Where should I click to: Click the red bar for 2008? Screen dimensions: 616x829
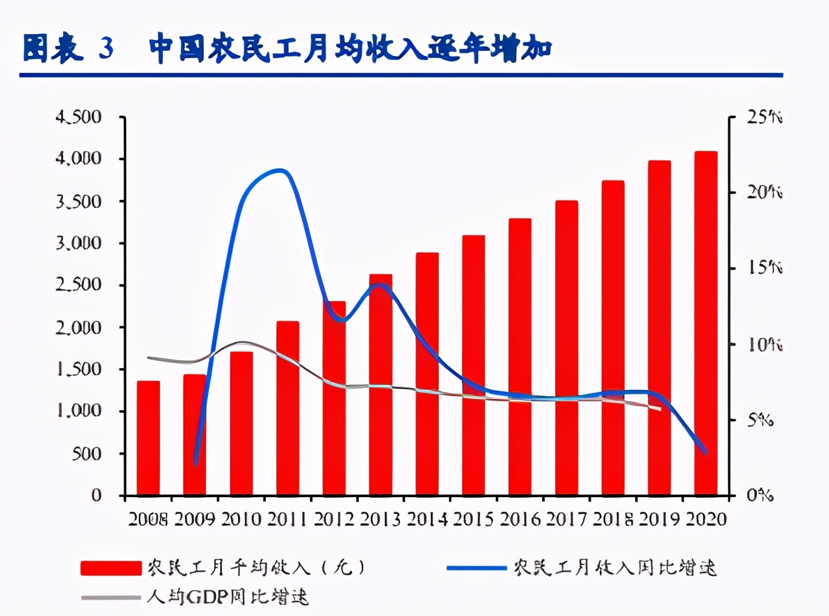(148, 438)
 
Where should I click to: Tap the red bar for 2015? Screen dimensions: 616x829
(473, 365)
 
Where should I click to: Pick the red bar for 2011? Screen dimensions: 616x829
(288, 408)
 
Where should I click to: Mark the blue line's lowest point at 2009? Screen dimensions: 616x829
(196, 464)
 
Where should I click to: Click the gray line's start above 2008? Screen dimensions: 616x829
(148, 358)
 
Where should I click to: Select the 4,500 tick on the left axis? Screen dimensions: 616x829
(78, 116)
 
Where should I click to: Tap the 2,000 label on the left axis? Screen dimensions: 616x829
(78, 327)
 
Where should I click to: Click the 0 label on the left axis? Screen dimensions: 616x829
(96, 495)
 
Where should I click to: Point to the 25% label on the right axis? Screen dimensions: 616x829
(764, 116)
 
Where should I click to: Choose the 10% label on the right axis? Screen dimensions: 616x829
(764, 344)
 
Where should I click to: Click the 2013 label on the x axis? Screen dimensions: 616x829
(380, 520)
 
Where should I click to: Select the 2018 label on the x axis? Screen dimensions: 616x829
(613, 520)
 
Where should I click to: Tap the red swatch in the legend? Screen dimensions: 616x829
(111, 568)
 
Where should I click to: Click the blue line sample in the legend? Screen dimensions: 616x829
(476, 568)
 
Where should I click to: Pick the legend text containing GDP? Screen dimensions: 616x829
(227, 597)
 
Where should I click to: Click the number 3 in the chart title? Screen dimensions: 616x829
(107, 48)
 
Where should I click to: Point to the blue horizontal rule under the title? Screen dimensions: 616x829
(400, 75)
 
